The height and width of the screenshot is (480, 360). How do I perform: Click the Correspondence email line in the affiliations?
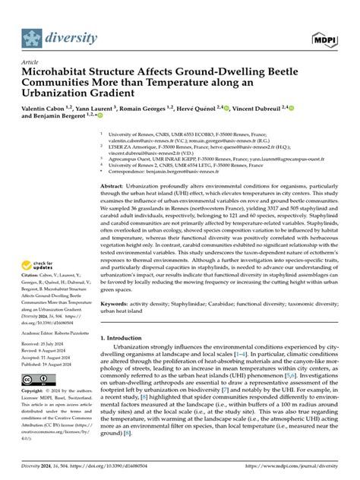[x=183, y=172]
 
